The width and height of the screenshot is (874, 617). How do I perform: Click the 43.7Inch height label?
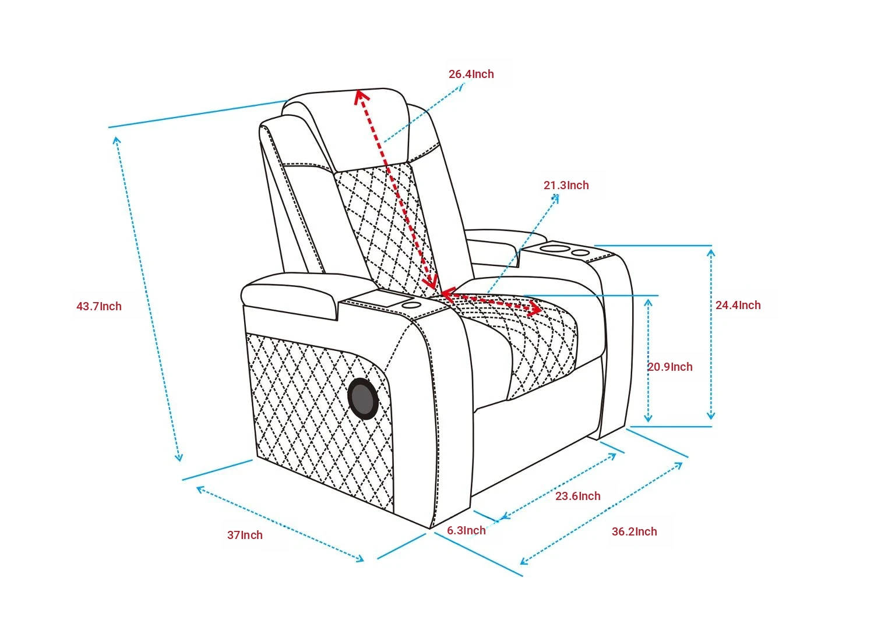(99, 306)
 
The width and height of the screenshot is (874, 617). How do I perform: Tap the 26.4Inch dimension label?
(471, 74)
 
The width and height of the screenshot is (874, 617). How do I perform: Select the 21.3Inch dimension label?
(566, 186)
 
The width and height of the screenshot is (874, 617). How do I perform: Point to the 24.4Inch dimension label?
(738, 305)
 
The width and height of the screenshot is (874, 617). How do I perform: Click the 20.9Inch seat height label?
(670, 367)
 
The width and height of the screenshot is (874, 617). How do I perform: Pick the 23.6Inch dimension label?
(578, 496)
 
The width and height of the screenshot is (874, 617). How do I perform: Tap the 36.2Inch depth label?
(635, 531)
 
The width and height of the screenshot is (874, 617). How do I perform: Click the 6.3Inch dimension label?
(466, 530)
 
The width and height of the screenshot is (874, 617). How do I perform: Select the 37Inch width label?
(245, 535)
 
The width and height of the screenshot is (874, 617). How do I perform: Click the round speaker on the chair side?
(363, 399)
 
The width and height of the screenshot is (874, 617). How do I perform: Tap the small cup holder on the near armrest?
(411, 305)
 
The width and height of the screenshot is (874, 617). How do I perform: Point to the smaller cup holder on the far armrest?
(580, 253)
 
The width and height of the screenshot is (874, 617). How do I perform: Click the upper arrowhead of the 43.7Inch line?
(117, 140)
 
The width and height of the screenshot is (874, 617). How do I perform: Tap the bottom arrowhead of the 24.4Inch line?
(711, 416)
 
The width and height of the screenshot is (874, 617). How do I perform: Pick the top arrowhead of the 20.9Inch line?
(648, 303)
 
